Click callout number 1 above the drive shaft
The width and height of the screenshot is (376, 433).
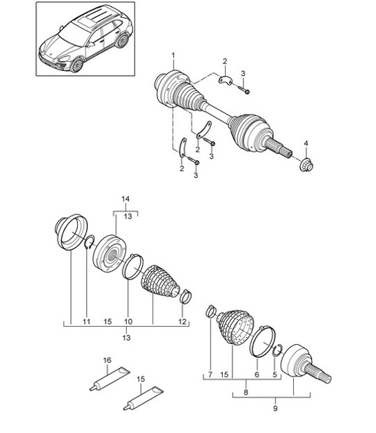click(x=173, y=55)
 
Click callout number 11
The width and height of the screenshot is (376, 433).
click(x=87, y=321)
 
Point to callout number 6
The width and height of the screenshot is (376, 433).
click(x=257, y=375)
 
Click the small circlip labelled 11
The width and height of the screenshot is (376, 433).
click(x=89, y=241)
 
